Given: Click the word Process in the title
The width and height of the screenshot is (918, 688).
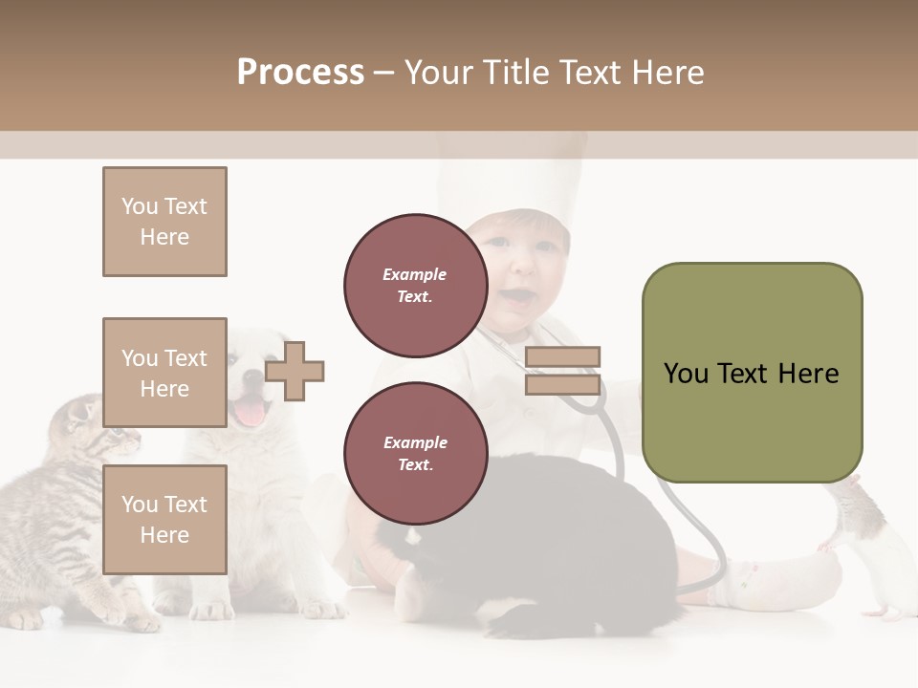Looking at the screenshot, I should (300, 73).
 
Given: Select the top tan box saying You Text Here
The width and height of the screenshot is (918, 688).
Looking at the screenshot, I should (164, 222).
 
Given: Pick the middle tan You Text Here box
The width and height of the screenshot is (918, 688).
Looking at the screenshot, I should (164, 373).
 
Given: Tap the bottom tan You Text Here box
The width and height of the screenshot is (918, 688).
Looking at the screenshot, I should (164, 520).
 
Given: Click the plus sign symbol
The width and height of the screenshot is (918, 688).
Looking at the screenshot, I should (295, 372).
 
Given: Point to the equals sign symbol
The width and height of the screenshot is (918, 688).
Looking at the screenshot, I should (563, 371).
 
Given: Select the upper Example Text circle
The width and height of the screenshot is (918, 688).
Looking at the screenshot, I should (415, 286).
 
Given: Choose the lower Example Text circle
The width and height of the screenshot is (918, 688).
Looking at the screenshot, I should (415, 454).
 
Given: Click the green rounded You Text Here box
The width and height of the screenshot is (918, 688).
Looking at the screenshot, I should (752, 373).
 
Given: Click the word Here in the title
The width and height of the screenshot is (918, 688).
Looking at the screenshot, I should (667, 73).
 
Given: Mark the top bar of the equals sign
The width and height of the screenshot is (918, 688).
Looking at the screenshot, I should (563, 357).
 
